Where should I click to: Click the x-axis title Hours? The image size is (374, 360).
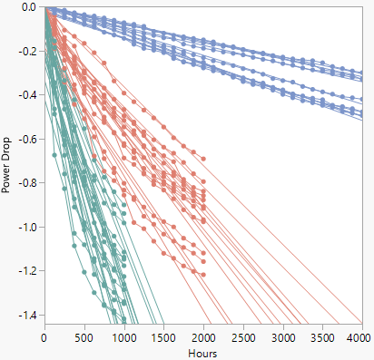pos(202,352)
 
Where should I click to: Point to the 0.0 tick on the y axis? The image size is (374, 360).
pos(28,7)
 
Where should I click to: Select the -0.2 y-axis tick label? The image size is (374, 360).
pos(26,52)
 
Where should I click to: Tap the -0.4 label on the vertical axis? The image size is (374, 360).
pos(26,95)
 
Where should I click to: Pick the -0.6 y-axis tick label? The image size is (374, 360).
pos(26,140)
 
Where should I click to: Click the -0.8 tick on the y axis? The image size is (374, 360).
pos(26,183)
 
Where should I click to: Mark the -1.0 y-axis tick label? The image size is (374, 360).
pos(26,228)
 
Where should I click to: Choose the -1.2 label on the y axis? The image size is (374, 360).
pos(26,271)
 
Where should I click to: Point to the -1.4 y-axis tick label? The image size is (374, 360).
pos(26,315)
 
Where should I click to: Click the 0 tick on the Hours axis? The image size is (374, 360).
pos(44,336)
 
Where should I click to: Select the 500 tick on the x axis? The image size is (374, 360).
pos(84,336)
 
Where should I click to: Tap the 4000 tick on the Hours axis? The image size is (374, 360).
pos(359,336)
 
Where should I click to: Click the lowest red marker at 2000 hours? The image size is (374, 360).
pos(203,275)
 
